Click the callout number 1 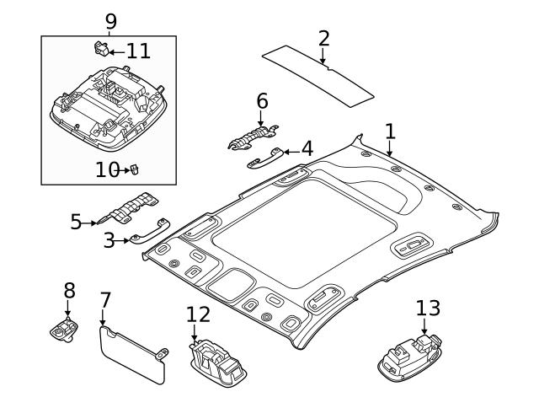(x=390, y=131)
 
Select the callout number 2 (x=323, y=38)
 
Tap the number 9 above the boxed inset (x=110, y=20)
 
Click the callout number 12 (x=198, y=314)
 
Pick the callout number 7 (x=105, y=301)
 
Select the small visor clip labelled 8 (x=65, y=331)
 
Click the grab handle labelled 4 (x=264, y=158)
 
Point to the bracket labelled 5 (x=131, y=209)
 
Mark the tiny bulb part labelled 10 (x=133, y=170)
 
